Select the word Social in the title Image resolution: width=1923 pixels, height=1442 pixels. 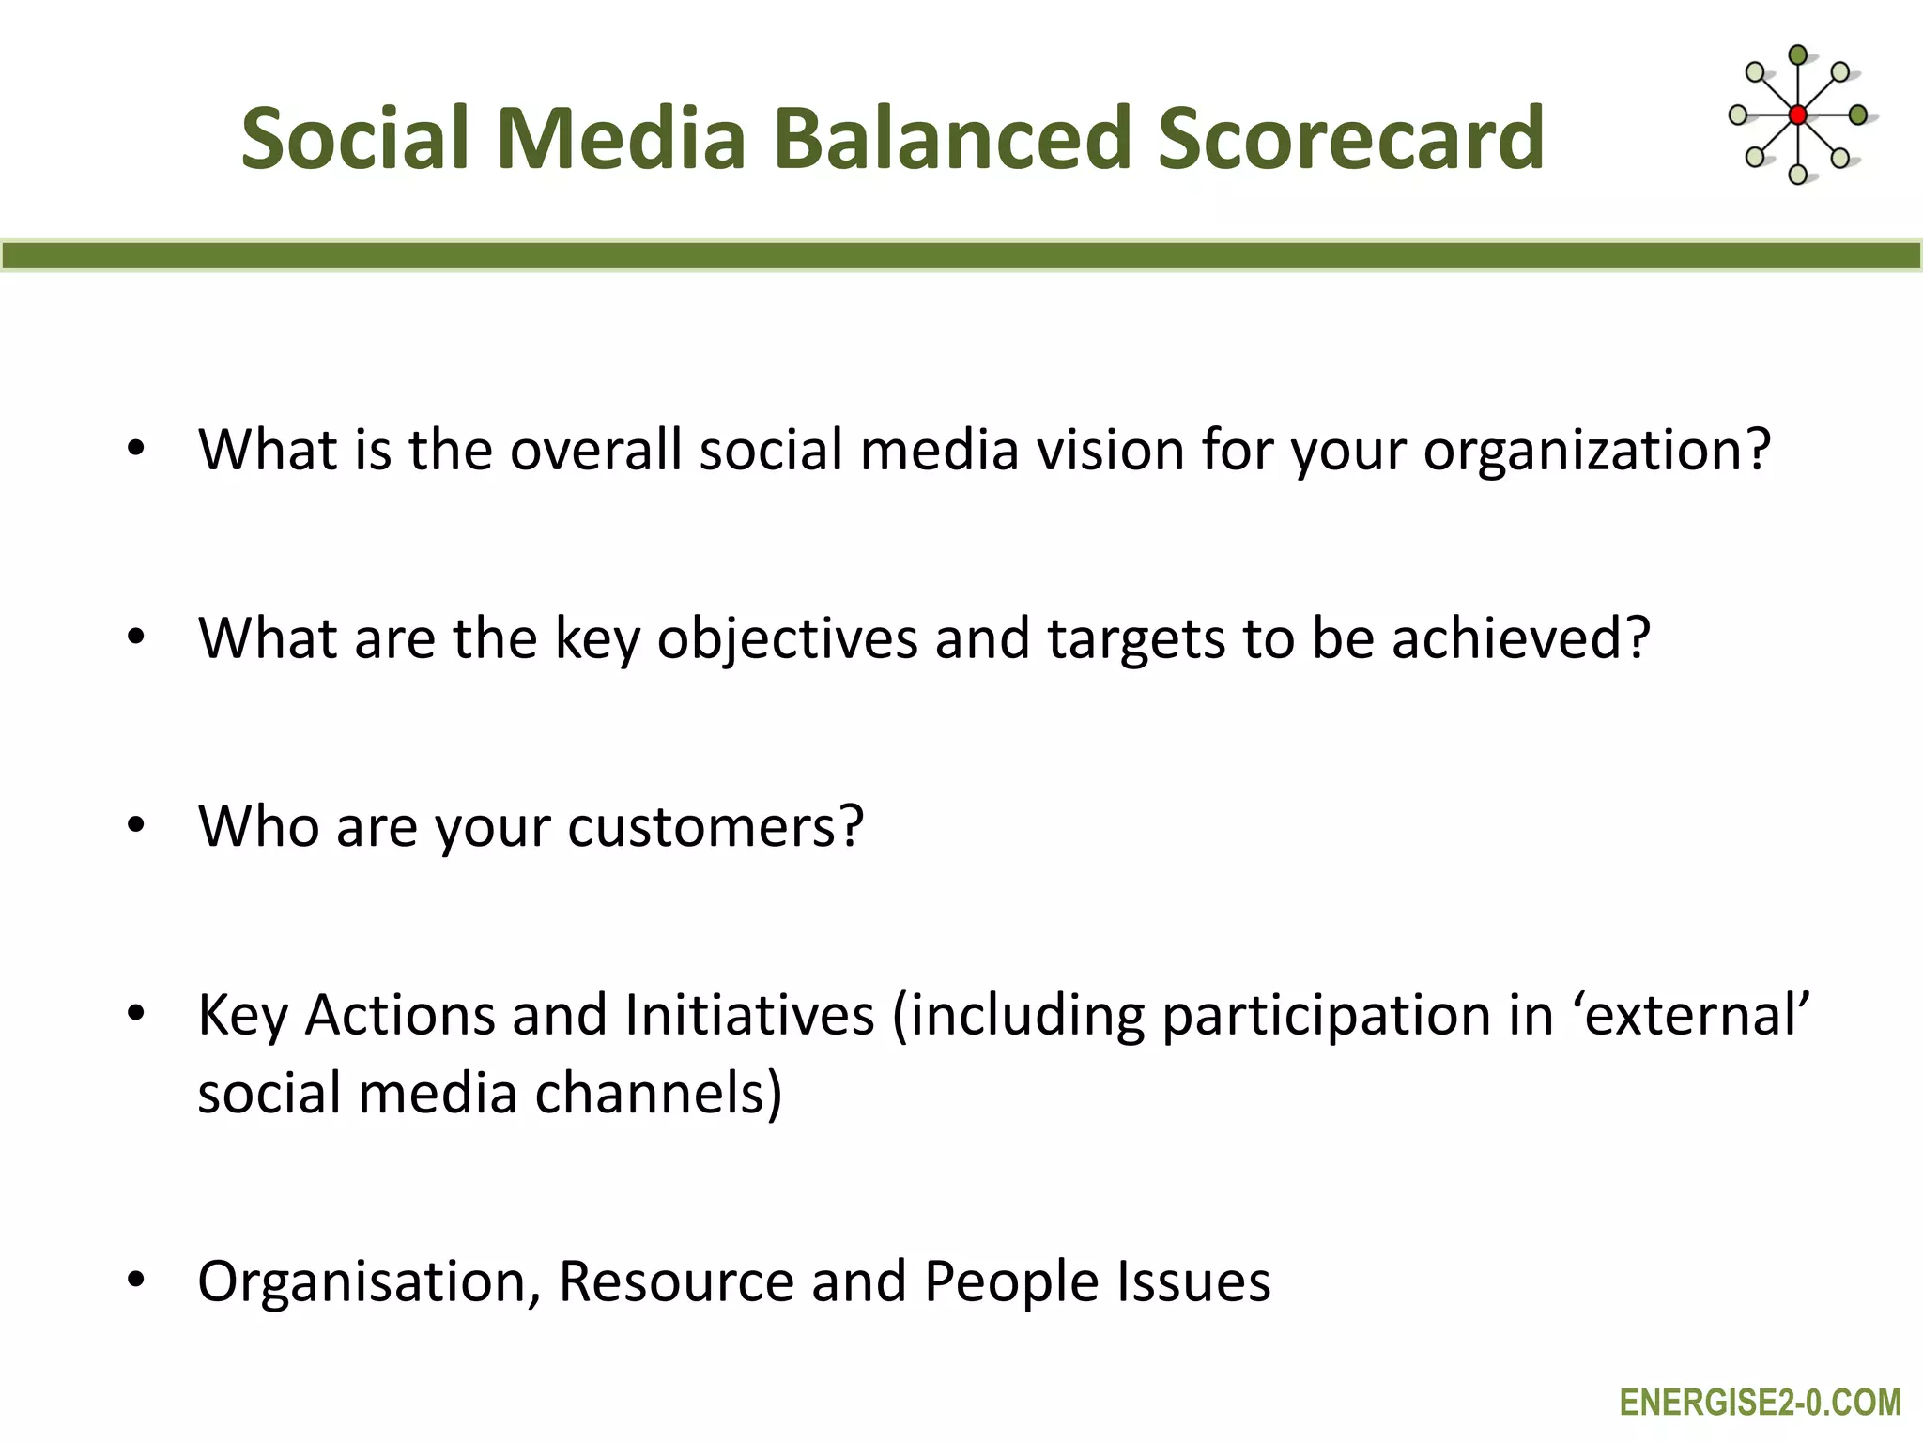point(354,139)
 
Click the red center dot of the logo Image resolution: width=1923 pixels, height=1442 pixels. point(1797,115)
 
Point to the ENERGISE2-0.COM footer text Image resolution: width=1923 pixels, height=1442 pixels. point(1760,1403)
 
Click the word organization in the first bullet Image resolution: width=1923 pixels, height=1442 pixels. point(1595,451)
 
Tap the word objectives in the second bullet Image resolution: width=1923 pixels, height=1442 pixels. point(787,640)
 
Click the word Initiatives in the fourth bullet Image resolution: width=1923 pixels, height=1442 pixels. point(749,1016)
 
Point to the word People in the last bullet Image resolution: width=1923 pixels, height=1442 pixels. point(1010,1282)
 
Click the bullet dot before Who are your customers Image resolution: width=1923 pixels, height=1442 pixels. point(136,825)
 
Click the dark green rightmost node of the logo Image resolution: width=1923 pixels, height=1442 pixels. point(1857,115)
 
